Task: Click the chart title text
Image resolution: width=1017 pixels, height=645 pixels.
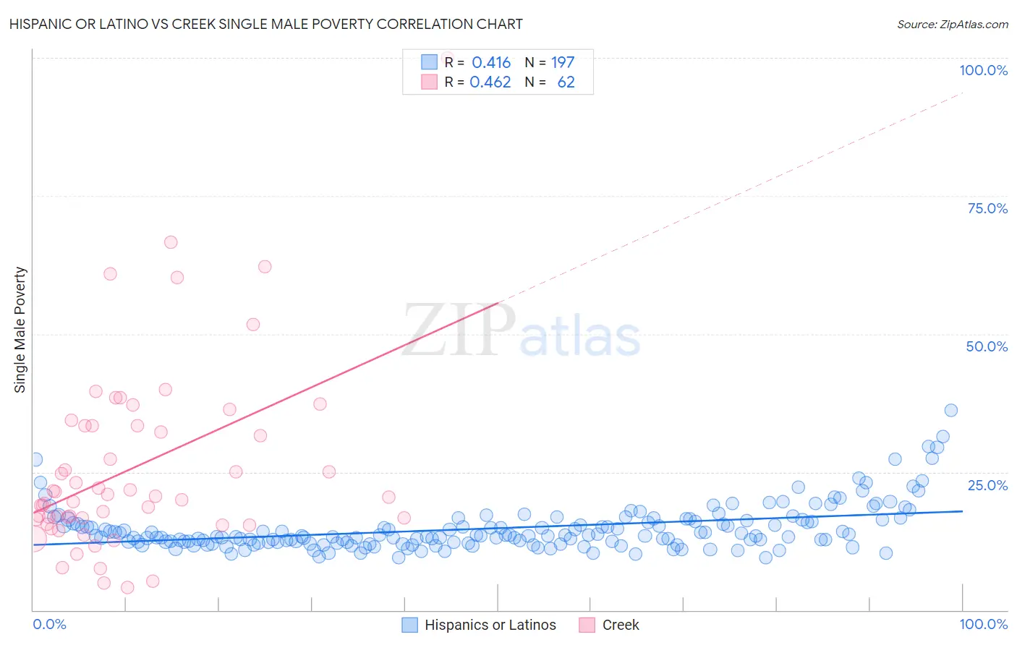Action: click(265, 24)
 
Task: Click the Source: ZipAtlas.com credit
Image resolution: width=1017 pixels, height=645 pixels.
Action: click(952, 24)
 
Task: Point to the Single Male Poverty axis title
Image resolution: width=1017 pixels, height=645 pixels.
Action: click(20, 330)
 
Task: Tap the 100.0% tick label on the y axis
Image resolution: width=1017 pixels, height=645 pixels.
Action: click(983, 70)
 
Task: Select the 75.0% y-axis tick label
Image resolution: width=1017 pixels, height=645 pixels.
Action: click(987, 208)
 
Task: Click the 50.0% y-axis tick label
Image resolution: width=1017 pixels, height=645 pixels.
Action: click(987, 346)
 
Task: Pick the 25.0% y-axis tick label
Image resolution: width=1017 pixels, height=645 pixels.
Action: click(987, 484)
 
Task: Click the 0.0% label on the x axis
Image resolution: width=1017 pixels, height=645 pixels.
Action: click(49, 624)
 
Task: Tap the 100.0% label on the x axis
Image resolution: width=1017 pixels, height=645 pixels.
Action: click(983, 624)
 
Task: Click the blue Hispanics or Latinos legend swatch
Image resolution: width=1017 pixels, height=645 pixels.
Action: click(410, 625)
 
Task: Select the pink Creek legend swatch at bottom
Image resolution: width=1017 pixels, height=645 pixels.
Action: click(587, 625)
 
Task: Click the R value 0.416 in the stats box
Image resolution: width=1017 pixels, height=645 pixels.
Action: click(491, 63)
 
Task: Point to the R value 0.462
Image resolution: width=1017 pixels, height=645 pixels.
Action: click(490, 82)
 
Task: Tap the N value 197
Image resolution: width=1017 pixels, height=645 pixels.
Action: click(563, 63)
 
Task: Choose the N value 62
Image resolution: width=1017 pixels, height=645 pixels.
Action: click(566, 82)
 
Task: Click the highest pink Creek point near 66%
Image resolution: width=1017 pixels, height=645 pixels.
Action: click(171, 242)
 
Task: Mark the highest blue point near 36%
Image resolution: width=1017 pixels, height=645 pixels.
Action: click(951, 410)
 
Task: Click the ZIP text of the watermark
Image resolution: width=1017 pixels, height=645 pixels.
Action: click(459, 330)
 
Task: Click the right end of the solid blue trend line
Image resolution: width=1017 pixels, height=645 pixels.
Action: click(962, 511)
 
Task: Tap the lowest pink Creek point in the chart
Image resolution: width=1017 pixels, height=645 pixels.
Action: click(127, 587)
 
